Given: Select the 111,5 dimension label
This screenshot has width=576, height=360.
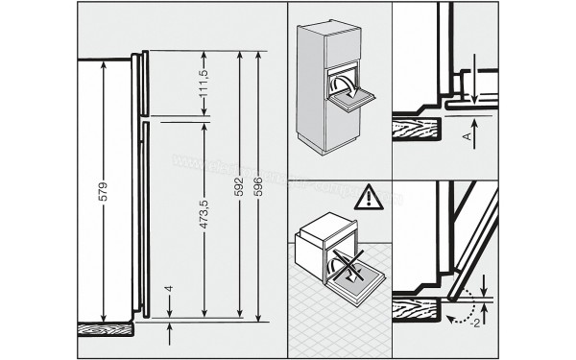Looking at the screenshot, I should [204, 85].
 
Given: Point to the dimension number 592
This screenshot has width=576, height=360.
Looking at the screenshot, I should [237, 188].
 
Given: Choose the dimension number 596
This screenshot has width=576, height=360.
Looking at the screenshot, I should [258, 188].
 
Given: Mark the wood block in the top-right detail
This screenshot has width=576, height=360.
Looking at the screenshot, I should [419, 131].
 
